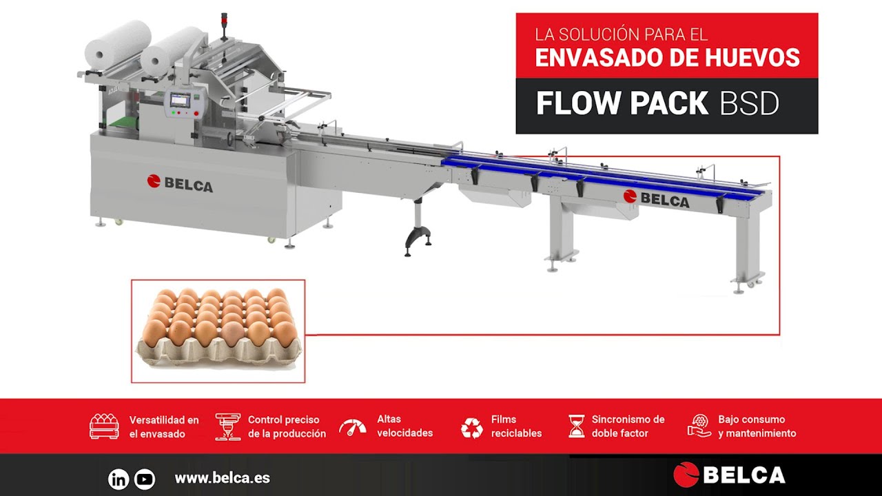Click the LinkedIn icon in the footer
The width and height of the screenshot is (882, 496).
coord(119,479)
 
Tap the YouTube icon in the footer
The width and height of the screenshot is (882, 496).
coord(145,479)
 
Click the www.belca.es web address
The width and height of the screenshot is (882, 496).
coord(222,478)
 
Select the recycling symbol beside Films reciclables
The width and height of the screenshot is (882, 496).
coord(472,427)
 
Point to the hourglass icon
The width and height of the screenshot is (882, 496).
coord(575,426)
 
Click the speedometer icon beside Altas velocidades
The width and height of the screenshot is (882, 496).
coord(352,427)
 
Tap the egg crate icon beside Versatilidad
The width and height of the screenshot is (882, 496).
coord(104,426)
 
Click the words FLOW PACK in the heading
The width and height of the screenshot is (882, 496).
coord(622,104)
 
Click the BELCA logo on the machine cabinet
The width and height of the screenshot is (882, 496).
coord(180,183)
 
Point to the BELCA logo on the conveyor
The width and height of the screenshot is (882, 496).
coord(656,199)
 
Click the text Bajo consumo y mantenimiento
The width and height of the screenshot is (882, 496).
coord(757,426)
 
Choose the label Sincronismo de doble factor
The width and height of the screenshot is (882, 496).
coord(628,426)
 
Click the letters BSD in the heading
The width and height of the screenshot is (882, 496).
coord(749,104)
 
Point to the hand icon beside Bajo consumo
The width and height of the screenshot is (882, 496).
coord(699,426)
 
